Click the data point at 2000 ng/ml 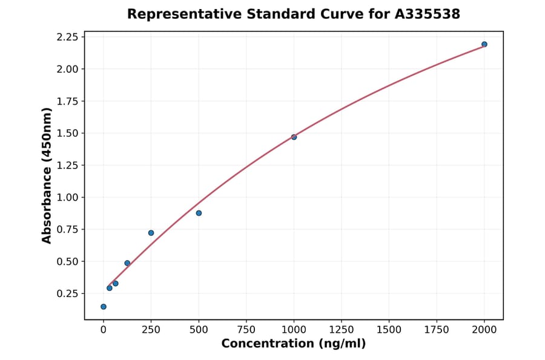[484, 44]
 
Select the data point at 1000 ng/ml [294, 137]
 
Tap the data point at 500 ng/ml [199, 213]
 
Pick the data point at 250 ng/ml [151, 233]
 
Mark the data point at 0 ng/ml [104, 307]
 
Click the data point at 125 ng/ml [127, 263]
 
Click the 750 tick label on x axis [246, 330]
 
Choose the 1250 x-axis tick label [341, 330]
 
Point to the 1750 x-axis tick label [436, 330]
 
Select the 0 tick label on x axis [104, 330]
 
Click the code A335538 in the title [428, 14]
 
